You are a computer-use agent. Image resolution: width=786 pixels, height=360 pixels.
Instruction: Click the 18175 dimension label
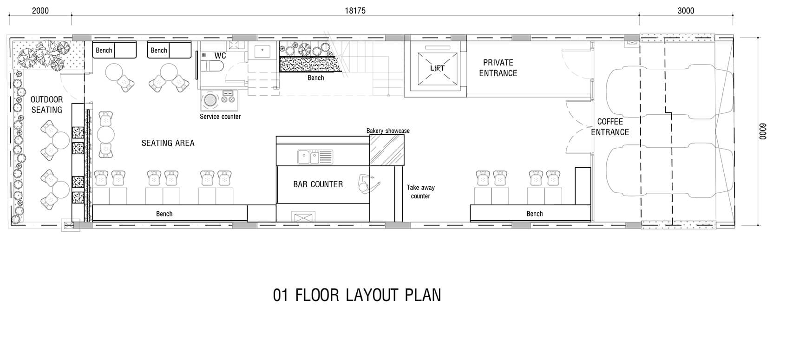(355, 11)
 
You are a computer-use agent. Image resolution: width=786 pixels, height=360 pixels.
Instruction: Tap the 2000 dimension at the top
(40, 11)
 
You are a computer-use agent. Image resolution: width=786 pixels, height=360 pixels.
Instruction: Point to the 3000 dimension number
(686, 11)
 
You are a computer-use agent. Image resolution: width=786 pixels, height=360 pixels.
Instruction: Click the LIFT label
(437, 68)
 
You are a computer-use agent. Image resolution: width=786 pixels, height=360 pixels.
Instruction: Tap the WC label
(220, 56)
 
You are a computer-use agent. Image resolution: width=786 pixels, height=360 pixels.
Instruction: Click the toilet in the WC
(212, 66)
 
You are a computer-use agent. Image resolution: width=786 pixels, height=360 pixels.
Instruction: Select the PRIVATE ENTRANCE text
(498, 68)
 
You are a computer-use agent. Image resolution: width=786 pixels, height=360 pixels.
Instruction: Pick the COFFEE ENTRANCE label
(610, 127)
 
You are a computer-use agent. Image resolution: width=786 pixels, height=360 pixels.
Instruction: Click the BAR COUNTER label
(318, 184)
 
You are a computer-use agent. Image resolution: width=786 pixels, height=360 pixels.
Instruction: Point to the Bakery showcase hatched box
(386, 150)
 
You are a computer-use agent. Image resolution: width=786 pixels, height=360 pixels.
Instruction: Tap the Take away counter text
(420, 191)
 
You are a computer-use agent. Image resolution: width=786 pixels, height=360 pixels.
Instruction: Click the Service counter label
(220, 117)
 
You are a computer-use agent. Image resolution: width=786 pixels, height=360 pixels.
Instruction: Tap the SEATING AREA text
(168, 143)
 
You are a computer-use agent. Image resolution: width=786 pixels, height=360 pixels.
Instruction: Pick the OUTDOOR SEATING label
(46, 105)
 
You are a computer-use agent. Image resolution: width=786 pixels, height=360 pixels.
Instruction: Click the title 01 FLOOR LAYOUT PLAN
(357, 295)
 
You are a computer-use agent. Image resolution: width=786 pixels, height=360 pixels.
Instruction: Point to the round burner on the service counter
(210, 100)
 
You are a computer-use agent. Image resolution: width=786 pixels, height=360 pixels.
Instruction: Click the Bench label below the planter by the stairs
(315, 78)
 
